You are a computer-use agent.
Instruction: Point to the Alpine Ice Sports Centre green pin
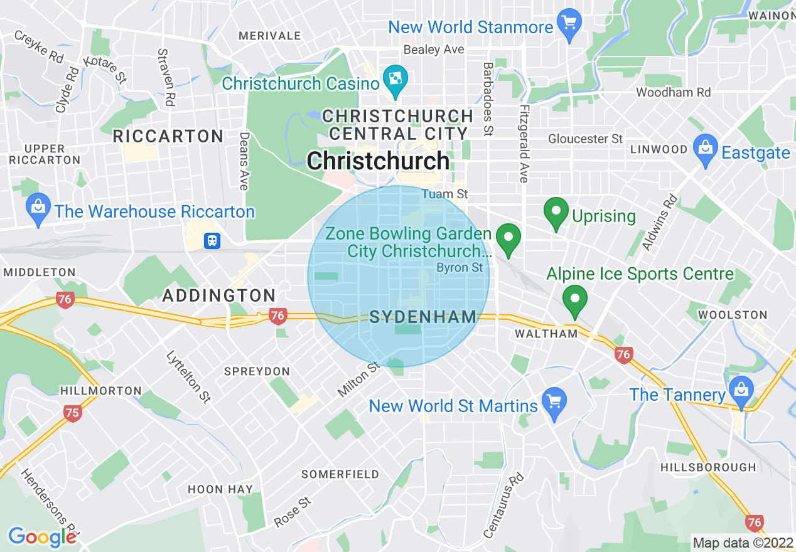point(574,300)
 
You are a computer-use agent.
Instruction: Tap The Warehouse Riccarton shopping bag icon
point(38,208)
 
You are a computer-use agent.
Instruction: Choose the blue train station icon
point(212,240)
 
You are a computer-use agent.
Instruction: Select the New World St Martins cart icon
point(554,402)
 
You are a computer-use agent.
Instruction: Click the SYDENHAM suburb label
point(423,317)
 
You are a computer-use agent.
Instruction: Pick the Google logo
point(42,537)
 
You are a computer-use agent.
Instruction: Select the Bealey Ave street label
point(434,50)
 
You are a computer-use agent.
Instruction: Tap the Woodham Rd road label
point(673,92)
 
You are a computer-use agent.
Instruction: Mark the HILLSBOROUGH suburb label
point(708,467)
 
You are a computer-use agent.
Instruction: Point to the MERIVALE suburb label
point(270,36)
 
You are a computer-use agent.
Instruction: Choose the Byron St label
point(460,267)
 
